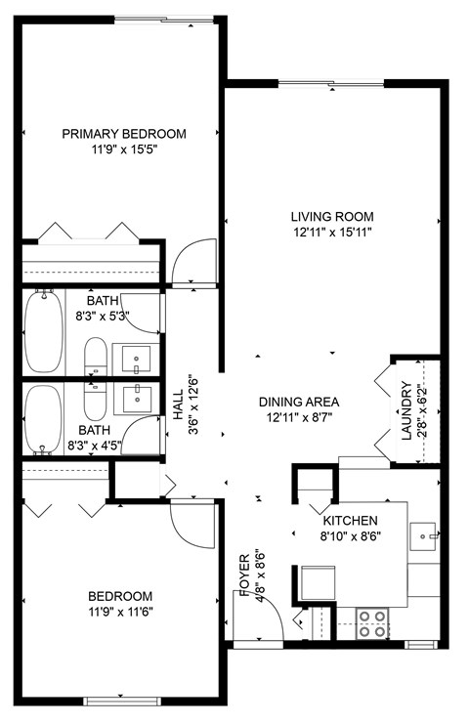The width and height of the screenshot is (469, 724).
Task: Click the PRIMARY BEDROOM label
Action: click(x=124, y=134)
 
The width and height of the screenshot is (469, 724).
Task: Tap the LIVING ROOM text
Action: click(x=332, y=217)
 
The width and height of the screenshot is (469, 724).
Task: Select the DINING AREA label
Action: click(x=298, y=402)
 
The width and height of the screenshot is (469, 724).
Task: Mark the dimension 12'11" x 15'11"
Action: click(x=332, y=232)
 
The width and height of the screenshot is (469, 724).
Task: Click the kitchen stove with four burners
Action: click(x=371, y=623)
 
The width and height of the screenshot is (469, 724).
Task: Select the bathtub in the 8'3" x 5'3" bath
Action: click(x=43, y=331)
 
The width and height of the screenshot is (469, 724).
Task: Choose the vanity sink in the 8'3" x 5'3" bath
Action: click(x=136, y=359)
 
